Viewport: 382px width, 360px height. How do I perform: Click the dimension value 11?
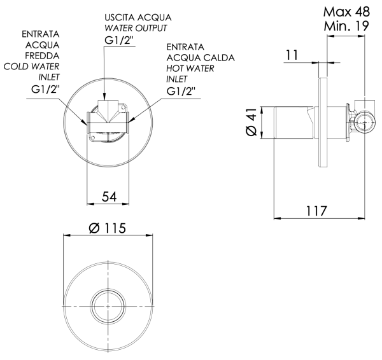pos(292,55)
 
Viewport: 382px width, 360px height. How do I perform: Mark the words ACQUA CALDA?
pos(201,58)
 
